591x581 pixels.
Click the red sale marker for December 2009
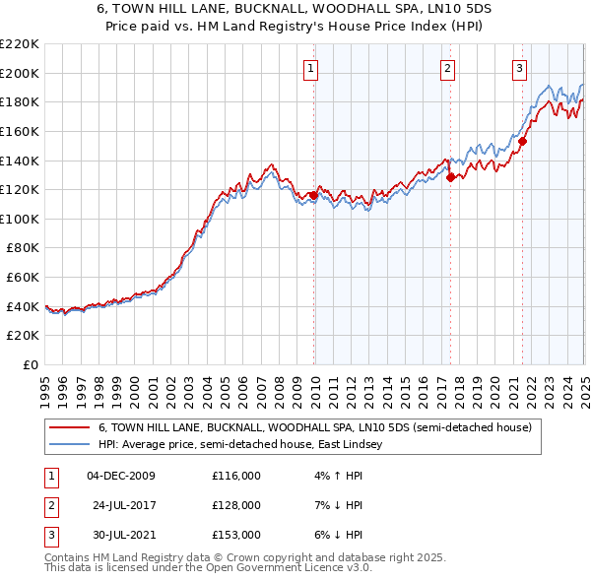click(313, 195)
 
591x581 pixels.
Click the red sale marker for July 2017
click(450, 178)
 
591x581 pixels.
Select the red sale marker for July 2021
click(522, 141)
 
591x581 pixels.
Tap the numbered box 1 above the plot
click(311, 68)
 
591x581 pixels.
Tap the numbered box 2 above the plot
click(447, 68)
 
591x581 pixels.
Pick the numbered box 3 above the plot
click(519, 68)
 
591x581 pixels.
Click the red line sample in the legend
click(69, 428)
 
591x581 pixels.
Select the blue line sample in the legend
click(69, 445)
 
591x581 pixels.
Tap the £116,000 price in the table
click(236, 477)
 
